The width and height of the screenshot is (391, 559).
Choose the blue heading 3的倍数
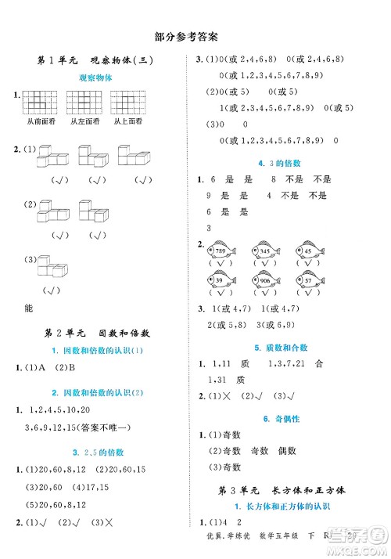coord(285,162)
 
